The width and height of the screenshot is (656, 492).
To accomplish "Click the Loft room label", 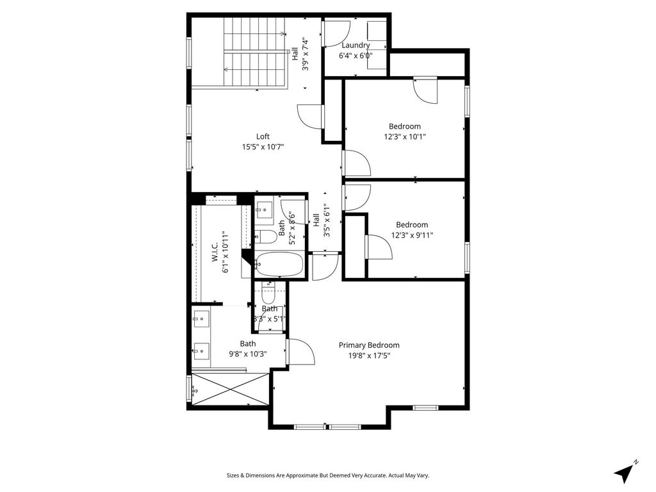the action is point(263,136).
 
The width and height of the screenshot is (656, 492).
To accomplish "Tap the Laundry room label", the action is point(356,45).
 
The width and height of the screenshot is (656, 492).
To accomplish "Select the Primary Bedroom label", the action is point(369,345).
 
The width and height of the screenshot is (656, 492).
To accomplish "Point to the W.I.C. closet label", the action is point(215,252).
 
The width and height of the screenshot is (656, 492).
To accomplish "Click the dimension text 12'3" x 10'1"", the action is point(405,136).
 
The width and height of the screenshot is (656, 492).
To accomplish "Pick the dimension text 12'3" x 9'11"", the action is point(412,235).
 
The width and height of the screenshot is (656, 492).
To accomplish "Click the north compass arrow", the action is point(625,473).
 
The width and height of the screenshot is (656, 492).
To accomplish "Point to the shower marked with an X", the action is point(231,389).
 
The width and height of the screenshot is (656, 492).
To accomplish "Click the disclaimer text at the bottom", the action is point(327,475).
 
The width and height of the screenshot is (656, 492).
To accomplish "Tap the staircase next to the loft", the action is point(255,53).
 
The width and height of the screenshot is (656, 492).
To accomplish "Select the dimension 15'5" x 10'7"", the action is point(263,147).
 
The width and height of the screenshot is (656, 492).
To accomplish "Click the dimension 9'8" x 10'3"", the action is point(248,354).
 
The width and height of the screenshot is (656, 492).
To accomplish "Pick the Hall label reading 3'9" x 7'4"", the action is point(300,54).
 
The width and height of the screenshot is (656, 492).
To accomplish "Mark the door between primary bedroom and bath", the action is point(300,352).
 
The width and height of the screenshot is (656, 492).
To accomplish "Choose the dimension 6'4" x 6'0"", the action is point(356,56).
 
